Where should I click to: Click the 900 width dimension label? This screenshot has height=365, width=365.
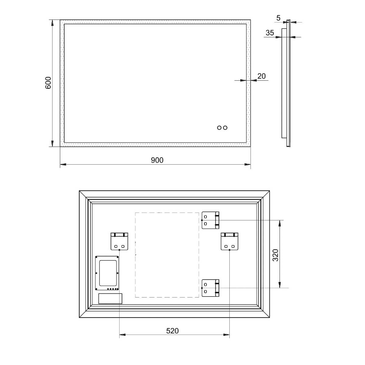(157, 160)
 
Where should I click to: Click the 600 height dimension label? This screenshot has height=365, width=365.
(48, 83)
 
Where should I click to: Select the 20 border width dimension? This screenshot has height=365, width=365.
(261, 76)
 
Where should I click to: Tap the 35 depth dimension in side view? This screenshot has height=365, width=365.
(270, 33)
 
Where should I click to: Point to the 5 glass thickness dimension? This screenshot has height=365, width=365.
(278, 18)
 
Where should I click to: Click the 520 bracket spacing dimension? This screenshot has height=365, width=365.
(172, 331)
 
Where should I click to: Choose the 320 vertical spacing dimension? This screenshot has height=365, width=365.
(275, 255)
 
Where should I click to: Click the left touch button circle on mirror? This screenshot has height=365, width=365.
(219, 128)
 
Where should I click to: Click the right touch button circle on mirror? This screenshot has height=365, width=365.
(225, 128)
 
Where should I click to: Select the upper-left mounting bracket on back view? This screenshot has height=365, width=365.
(119, 241)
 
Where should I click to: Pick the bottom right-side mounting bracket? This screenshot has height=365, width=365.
(210, 288)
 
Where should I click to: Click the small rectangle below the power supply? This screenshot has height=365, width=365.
(110, 298)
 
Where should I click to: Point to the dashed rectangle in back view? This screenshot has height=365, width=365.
(167, 255)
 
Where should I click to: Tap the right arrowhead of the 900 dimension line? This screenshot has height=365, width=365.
(248, 165)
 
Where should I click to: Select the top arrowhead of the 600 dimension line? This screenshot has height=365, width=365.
(52, 23)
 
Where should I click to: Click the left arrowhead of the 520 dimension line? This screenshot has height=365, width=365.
(122, 335)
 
